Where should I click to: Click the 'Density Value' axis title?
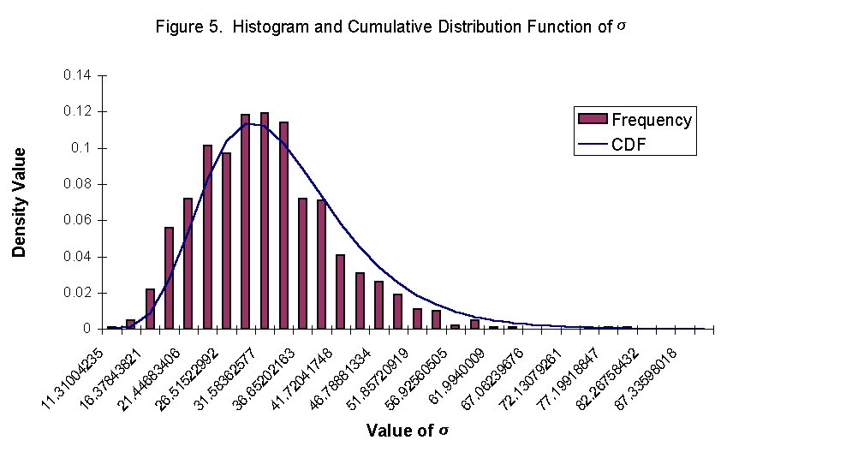pyautogui.click(x=19, y=202)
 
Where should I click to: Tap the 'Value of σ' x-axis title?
pyautogui.click(x=406, y=430)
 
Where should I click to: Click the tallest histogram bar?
pyautogui.click(x=265, y=220)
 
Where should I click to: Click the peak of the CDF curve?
pyautogui.click(x=247, y=123)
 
